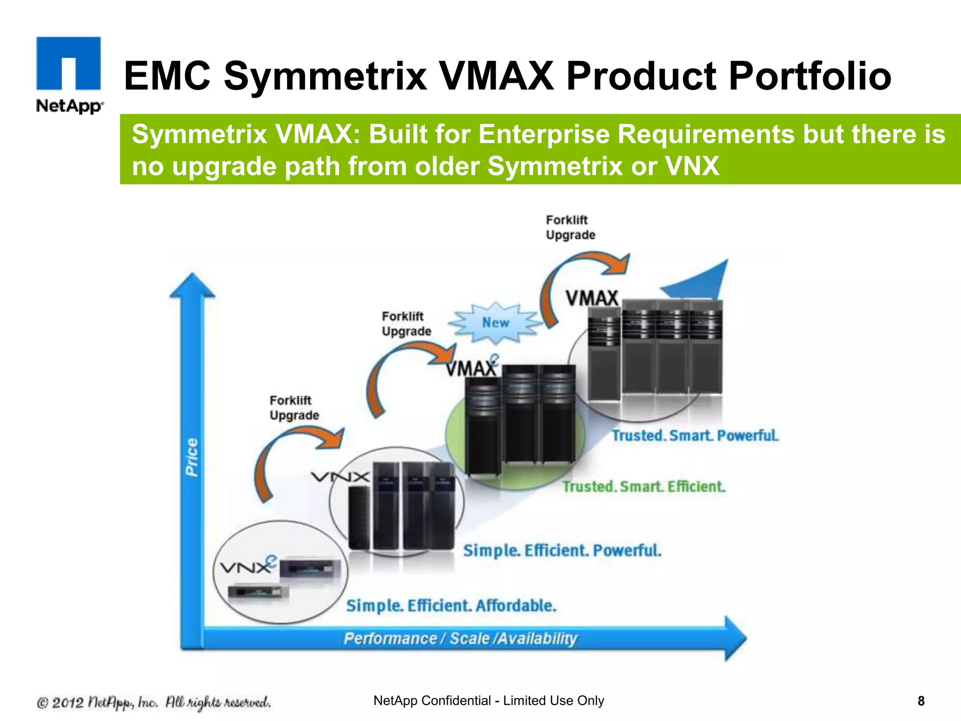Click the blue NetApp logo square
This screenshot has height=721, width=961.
pyautogui.click(x=69, y=63)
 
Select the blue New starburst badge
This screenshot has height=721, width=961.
pyautogui.click(x=496, y=323)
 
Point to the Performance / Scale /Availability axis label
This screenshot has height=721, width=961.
pyautogui.click(x=460, y=638)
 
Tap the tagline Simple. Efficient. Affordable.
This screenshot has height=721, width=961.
pyautogui.click(x=451, y=606)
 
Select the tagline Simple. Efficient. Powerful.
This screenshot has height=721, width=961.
pyautogui.click(x=562, y=550)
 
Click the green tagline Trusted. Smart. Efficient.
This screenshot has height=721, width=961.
pyautogui.click(x=644, y=486)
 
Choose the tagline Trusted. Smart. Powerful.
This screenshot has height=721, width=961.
pyautogui.click(x=694, y=436)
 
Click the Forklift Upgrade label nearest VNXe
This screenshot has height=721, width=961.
pyautogui.click(x=294, y=408)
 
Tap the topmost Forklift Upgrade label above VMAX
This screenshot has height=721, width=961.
pyautogui.click(x=570, y=227)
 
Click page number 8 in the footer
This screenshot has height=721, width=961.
pyautogui.click(x=921, y=701)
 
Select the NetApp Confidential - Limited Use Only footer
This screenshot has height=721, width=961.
pyautogui.click(x=488, y=701)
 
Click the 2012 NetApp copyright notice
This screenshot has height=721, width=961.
pyautogui.click(x=154, y=703)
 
